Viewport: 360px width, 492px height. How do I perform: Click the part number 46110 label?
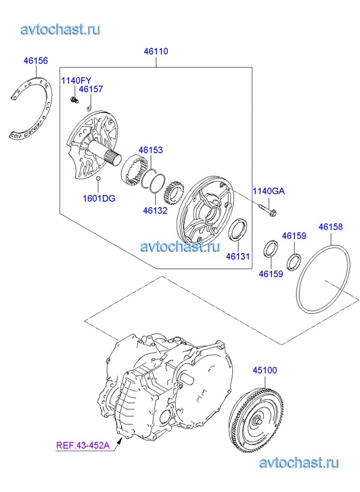(156, 51)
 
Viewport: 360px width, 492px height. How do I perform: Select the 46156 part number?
(36, 60)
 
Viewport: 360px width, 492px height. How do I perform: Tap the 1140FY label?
(76, 81)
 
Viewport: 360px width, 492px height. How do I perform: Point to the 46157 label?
(91, 89)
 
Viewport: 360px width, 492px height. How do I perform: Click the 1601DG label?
(99, 198)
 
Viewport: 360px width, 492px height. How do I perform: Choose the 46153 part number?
(151, 150)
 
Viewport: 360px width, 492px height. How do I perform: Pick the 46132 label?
(155, 210)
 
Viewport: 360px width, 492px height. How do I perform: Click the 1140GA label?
(269, 191)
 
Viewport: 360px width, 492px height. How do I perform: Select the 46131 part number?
(238, 256)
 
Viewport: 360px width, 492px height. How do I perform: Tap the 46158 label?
(330, 227)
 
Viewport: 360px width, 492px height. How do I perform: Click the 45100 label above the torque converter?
(265, 370)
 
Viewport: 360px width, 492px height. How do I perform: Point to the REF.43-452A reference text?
(83, 445)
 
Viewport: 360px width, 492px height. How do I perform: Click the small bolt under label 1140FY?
(74, 100)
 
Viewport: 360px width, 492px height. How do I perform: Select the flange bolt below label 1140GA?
(268, 210)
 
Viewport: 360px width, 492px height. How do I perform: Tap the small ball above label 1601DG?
(98, 179)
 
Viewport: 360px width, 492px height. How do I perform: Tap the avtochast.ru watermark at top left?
(61, 29)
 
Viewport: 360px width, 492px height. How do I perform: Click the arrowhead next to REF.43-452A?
(119, 442)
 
